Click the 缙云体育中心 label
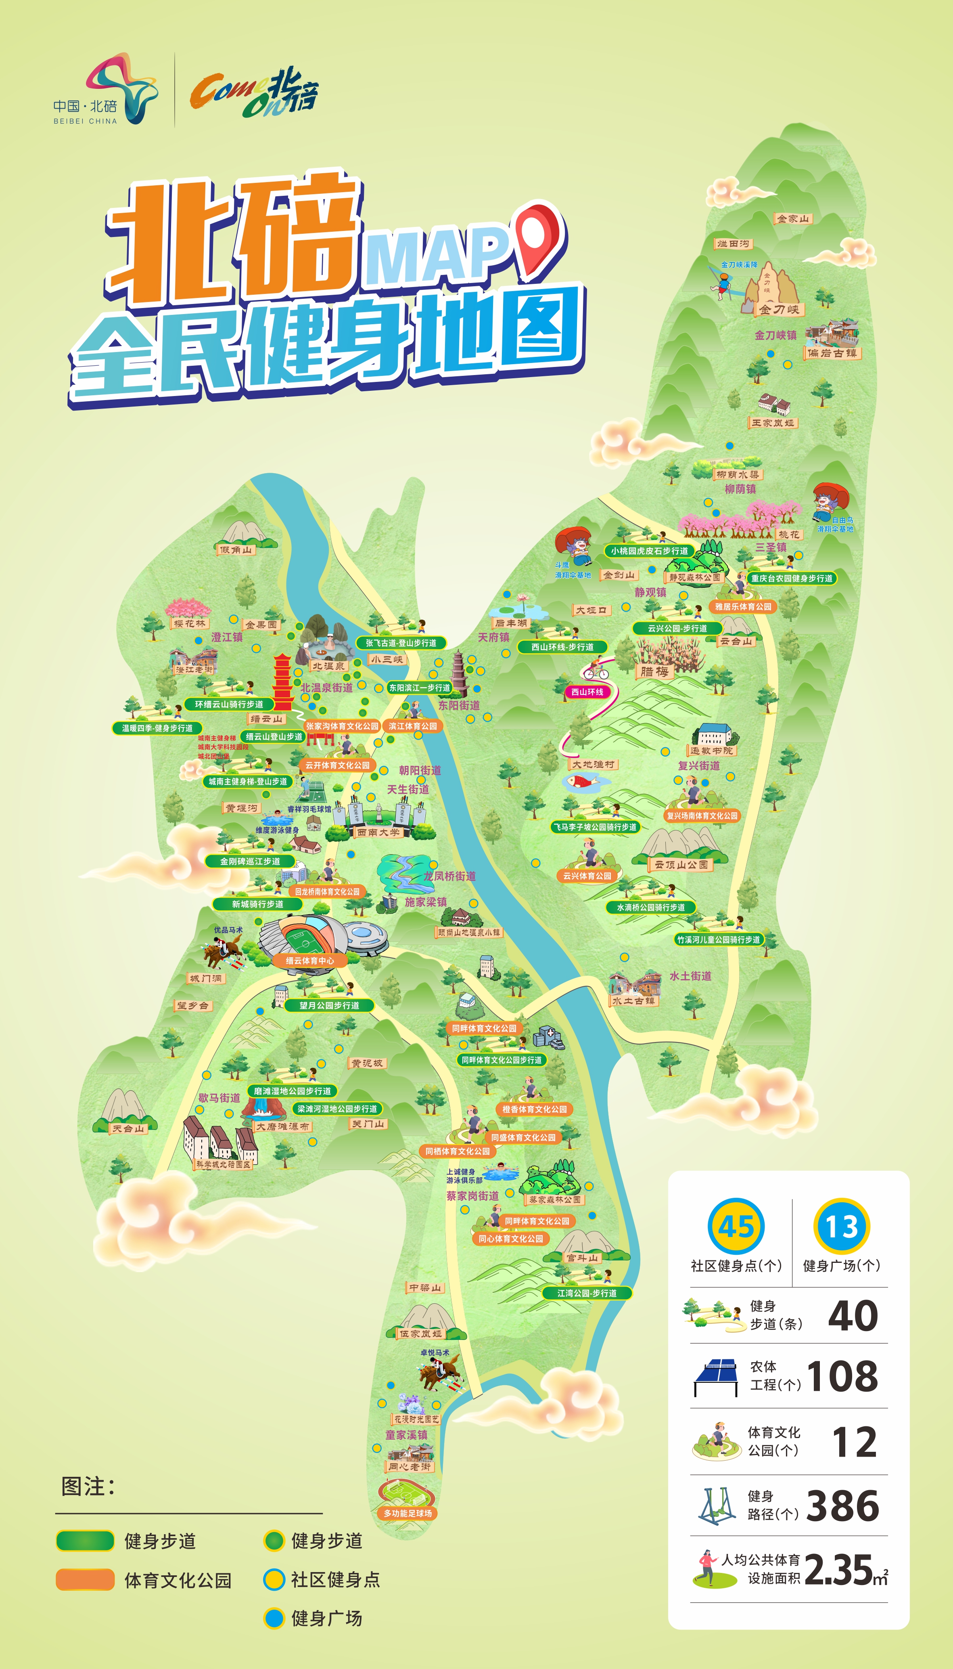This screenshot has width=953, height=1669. (309, 960)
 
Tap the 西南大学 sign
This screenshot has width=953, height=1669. (378, 832)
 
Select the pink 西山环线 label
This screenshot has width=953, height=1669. (587, 692)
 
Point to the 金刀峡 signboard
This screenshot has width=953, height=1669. (779, 309)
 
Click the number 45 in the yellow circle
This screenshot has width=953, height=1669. (736, 1227)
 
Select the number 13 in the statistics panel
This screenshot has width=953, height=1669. (841, 1227)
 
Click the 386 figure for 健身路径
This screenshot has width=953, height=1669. (843, 1505)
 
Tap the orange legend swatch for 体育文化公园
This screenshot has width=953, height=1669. (85, 1579)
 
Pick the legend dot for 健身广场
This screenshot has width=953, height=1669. (274, 1618)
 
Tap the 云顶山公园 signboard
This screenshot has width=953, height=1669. (681, 864)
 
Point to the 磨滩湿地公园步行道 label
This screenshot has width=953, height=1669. (292, 1091)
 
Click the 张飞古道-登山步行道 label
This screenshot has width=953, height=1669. (401, 643)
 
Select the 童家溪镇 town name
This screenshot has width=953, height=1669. (406, 1434)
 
